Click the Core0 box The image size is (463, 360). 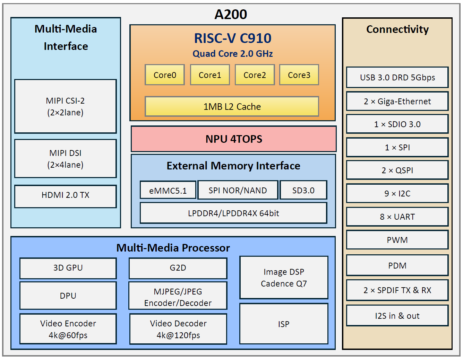165,75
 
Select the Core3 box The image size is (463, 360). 299,75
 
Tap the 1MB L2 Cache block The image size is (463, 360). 232,106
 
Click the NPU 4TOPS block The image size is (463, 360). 233,139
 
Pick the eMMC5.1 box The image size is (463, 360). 168,190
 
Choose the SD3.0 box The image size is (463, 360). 303,190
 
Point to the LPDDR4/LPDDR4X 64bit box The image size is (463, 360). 233,213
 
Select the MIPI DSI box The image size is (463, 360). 66,159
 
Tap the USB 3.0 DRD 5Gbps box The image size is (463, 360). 397,77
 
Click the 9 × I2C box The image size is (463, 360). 397,193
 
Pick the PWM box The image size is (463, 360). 397,240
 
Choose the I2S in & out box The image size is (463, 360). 397,316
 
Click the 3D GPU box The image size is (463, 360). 68,268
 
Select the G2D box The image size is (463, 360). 178,268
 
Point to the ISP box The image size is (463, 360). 284,324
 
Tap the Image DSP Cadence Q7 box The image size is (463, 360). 284,278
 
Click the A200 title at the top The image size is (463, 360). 231,14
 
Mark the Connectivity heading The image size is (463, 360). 397,29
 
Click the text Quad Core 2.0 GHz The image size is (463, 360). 233,54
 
